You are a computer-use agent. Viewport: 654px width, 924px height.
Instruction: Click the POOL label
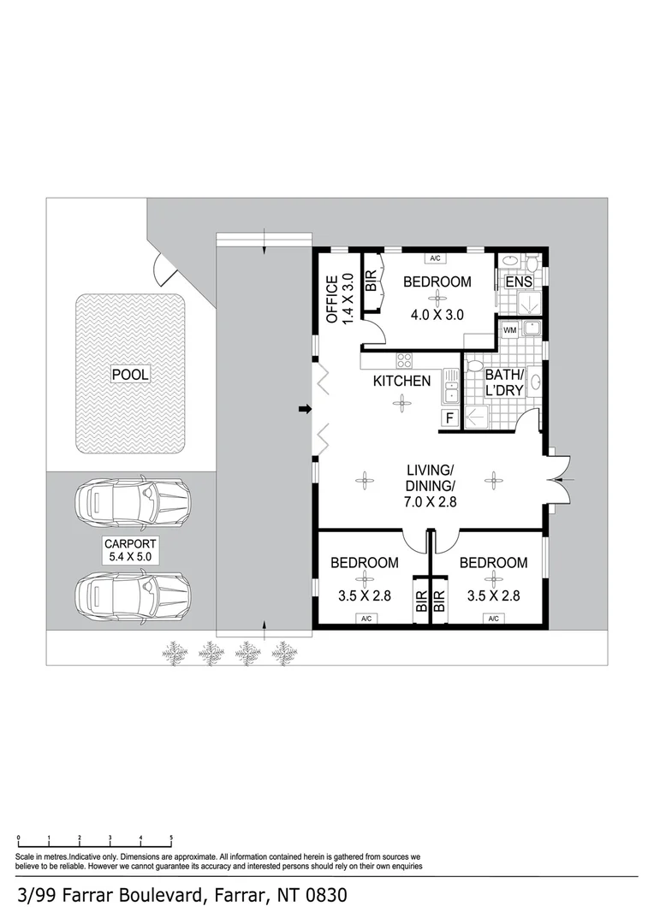[129, 374]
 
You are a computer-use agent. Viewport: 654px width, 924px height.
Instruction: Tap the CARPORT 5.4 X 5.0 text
[130, 550]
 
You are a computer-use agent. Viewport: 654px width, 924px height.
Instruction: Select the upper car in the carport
[133, 504]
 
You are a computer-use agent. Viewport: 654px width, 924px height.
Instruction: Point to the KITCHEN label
[401, 381]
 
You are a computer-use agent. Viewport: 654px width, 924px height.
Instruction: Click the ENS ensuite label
[518, 282]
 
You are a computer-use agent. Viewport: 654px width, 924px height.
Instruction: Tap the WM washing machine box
[509, 329]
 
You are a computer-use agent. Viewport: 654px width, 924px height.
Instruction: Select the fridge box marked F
[449, 418]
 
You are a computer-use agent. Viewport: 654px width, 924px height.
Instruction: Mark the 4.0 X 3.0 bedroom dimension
[437, 315]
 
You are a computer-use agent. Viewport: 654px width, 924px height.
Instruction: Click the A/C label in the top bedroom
[434, 258]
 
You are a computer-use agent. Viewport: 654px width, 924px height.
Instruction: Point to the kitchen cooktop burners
[403, 361]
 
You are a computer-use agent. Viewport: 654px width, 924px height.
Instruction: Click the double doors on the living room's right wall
[559, 479]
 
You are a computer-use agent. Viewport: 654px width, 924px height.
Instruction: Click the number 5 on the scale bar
[171, 838]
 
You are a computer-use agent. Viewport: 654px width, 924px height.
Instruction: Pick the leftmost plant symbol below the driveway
[175, 654]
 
